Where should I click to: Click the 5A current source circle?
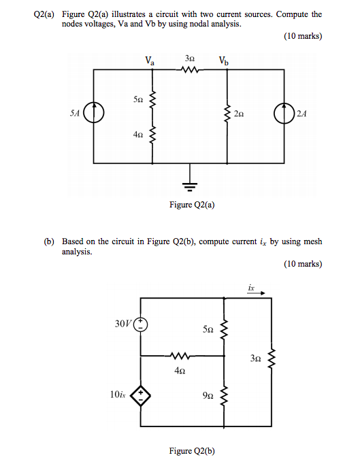(93, 113)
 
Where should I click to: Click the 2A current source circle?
(284, 114)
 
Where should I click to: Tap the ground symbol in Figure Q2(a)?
(190, 186)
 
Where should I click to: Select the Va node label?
(150, 61)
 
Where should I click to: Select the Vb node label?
(224, 61)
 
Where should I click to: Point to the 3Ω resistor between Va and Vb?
(189, 70)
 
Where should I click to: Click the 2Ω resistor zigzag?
(227, 114)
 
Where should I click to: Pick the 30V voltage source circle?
(141, 324)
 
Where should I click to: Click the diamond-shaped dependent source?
(141, 396)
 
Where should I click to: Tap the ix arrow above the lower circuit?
(256, 293)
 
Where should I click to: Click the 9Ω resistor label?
(208, 396)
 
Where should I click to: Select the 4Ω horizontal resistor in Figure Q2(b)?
(180, 356)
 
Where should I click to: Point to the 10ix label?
(118, 395)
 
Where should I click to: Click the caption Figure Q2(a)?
(192, 205)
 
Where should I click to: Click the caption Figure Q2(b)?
(192, 451)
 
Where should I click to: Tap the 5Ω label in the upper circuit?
(138, 99)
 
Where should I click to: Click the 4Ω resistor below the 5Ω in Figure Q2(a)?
(152, 135)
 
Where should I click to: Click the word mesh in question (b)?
(313, 241)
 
